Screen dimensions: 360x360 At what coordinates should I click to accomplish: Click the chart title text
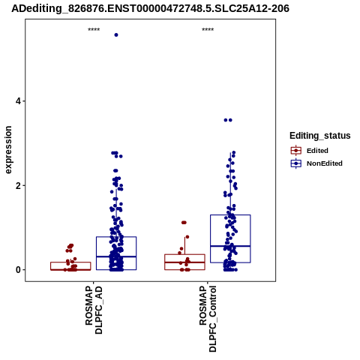pyautogui.click(x=150, y=8)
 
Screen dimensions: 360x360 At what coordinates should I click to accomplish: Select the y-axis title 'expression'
pyautogui.click(x=8, y=150)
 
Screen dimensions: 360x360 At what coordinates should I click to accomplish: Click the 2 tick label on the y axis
pyautogui.click(x=18, y=185)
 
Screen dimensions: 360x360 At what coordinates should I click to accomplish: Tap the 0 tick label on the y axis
pyautogui.click(x=18, y=270)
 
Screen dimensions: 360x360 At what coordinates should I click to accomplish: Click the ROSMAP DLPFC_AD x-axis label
pyautogui.click(x=94, y=310)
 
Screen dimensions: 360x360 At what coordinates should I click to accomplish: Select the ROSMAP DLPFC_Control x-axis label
pyautogui.click(x=208, y=319)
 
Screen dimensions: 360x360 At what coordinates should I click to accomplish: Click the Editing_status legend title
pyautogui.click(x=320, y=136)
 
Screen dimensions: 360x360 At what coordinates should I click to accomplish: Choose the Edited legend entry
pyautogui.click(x=317, y=151)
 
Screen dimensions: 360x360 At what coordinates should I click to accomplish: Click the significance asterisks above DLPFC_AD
pyautogui.click(x=94, y=30)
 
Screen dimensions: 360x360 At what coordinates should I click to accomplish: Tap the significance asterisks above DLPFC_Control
pyautogui.click(x=208, y=30)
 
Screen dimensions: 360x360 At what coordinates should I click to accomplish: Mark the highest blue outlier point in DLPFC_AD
pyautogui.click(x=116, y=35)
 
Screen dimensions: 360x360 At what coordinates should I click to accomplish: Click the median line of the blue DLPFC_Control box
pyautogui.click(x=230, y=246)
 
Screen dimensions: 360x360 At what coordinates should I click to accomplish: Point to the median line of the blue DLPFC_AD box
pyautogui.click(x=116, y=256)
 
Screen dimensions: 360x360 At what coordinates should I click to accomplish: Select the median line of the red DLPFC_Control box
pyautogui.click(x=184, y=262)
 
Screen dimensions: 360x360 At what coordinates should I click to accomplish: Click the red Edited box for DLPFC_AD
pyautogui.click(x=70, y=262)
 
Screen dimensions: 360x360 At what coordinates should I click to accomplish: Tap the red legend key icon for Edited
pyautogui.click(x=296, y=151)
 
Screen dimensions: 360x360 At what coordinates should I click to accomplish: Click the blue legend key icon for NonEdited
pyautogui.click(x=296, y=163)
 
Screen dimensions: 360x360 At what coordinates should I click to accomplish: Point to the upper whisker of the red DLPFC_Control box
pyautogui.click(x=184, y=245)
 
